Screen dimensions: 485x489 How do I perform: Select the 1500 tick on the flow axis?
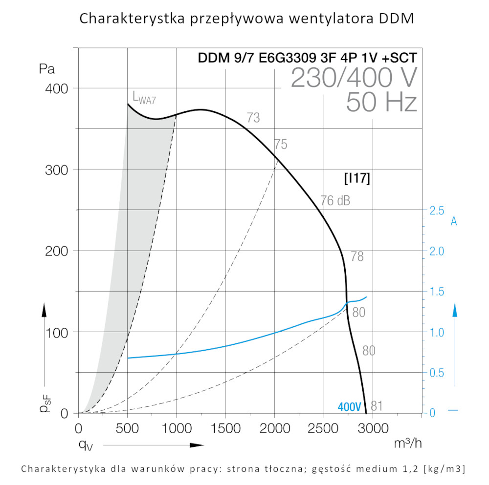coord(225,429)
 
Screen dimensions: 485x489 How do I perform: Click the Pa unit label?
coord(47,69)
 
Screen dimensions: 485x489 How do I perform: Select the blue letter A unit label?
coord(454,222)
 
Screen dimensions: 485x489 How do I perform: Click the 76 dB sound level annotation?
coord(335,201)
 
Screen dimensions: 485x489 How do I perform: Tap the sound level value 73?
coord(253,118)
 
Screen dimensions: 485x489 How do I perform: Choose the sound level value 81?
coord(377,406)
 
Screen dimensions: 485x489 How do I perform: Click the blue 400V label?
coord(349,407)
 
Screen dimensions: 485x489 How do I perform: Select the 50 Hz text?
coord(381,103)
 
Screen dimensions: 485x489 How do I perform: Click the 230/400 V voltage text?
coord(354,78)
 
